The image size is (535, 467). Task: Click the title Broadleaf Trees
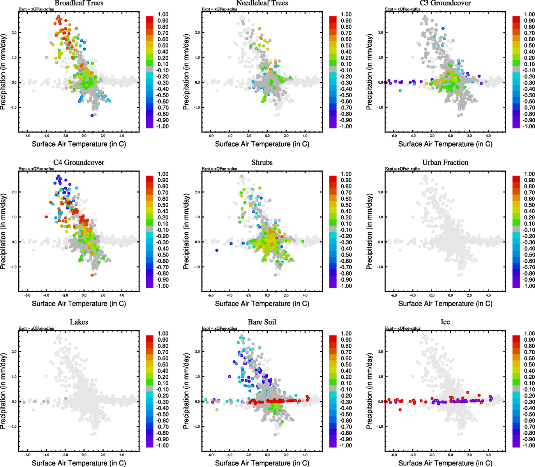pos(79,3)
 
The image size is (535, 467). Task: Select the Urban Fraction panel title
pos(445,162)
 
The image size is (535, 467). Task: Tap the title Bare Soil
pos(262,322)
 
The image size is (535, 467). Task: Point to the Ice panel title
pos(445,322)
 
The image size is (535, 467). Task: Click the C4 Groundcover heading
pos(79,162)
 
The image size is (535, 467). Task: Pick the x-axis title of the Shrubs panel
pos(262,304)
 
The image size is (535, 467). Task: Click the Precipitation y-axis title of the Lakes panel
pos(4,391)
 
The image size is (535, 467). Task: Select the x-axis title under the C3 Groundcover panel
pos(445,144)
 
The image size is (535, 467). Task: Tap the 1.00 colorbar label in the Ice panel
pos(529,334)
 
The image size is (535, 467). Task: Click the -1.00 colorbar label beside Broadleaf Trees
pos(162,126)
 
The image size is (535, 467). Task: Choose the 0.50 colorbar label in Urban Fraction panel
pos(529,205)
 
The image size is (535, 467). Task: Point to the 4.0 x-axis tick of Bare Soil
pos(305,455)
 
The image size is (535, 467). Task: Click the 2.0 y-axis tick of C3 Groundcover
pos(381,33)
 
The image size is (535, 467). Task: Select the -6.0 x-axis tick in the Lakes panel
pos(27,455)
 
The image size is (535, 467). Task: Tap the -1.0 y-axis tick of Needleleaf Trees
pos(197,107)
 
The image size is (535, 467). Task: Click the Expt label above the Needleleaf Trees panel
pos(219,9)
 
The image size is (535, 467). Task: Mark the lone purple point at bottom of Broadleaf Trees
pos(92,116)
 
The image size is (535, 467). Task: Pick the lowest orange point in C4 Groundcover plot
pos(92,275)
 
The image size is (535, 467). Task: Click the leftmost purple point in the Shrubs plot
pos(217,250)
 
